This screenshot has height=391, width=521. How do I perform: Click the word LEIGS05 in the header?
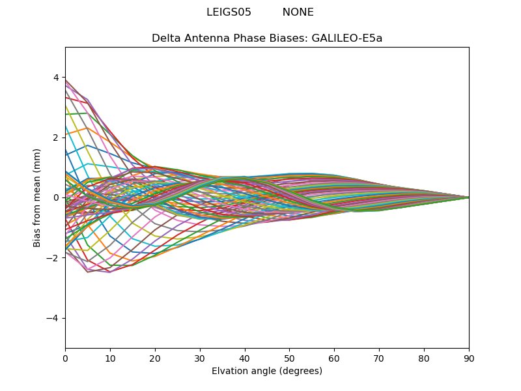click(229, 12)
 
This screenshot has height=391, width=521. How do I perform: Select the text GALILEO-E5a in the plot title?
click(347, 38)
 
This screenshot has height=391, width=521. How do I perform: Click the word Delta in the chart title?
click(165, 38)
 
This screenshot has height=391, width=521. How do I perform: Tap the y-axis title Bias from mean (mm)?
click(37, 197)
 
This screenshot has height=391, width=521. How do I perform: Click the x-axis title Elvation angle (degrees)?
click(267, 371)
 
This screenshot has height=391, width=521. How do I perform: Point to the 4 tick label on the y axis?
click(55, 78)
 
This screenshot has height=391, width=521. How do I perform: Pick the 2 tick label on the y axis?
click(55, 138)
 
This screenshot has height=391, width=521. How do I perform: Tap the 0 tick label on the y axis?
click(55, 197)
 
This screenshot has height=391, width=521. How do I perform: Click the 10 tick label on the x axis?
click(110, 358)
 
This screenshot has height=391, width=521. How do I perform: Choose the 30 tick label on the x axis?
click(200, 358)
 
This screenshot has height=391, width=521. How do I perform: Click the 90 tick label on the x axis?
click(469, 358)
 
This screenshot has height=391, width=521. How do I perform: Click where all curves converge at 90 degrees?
click(468, 197)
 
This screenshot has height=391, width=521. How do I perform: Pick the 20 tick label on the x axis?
click(155, 358)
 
